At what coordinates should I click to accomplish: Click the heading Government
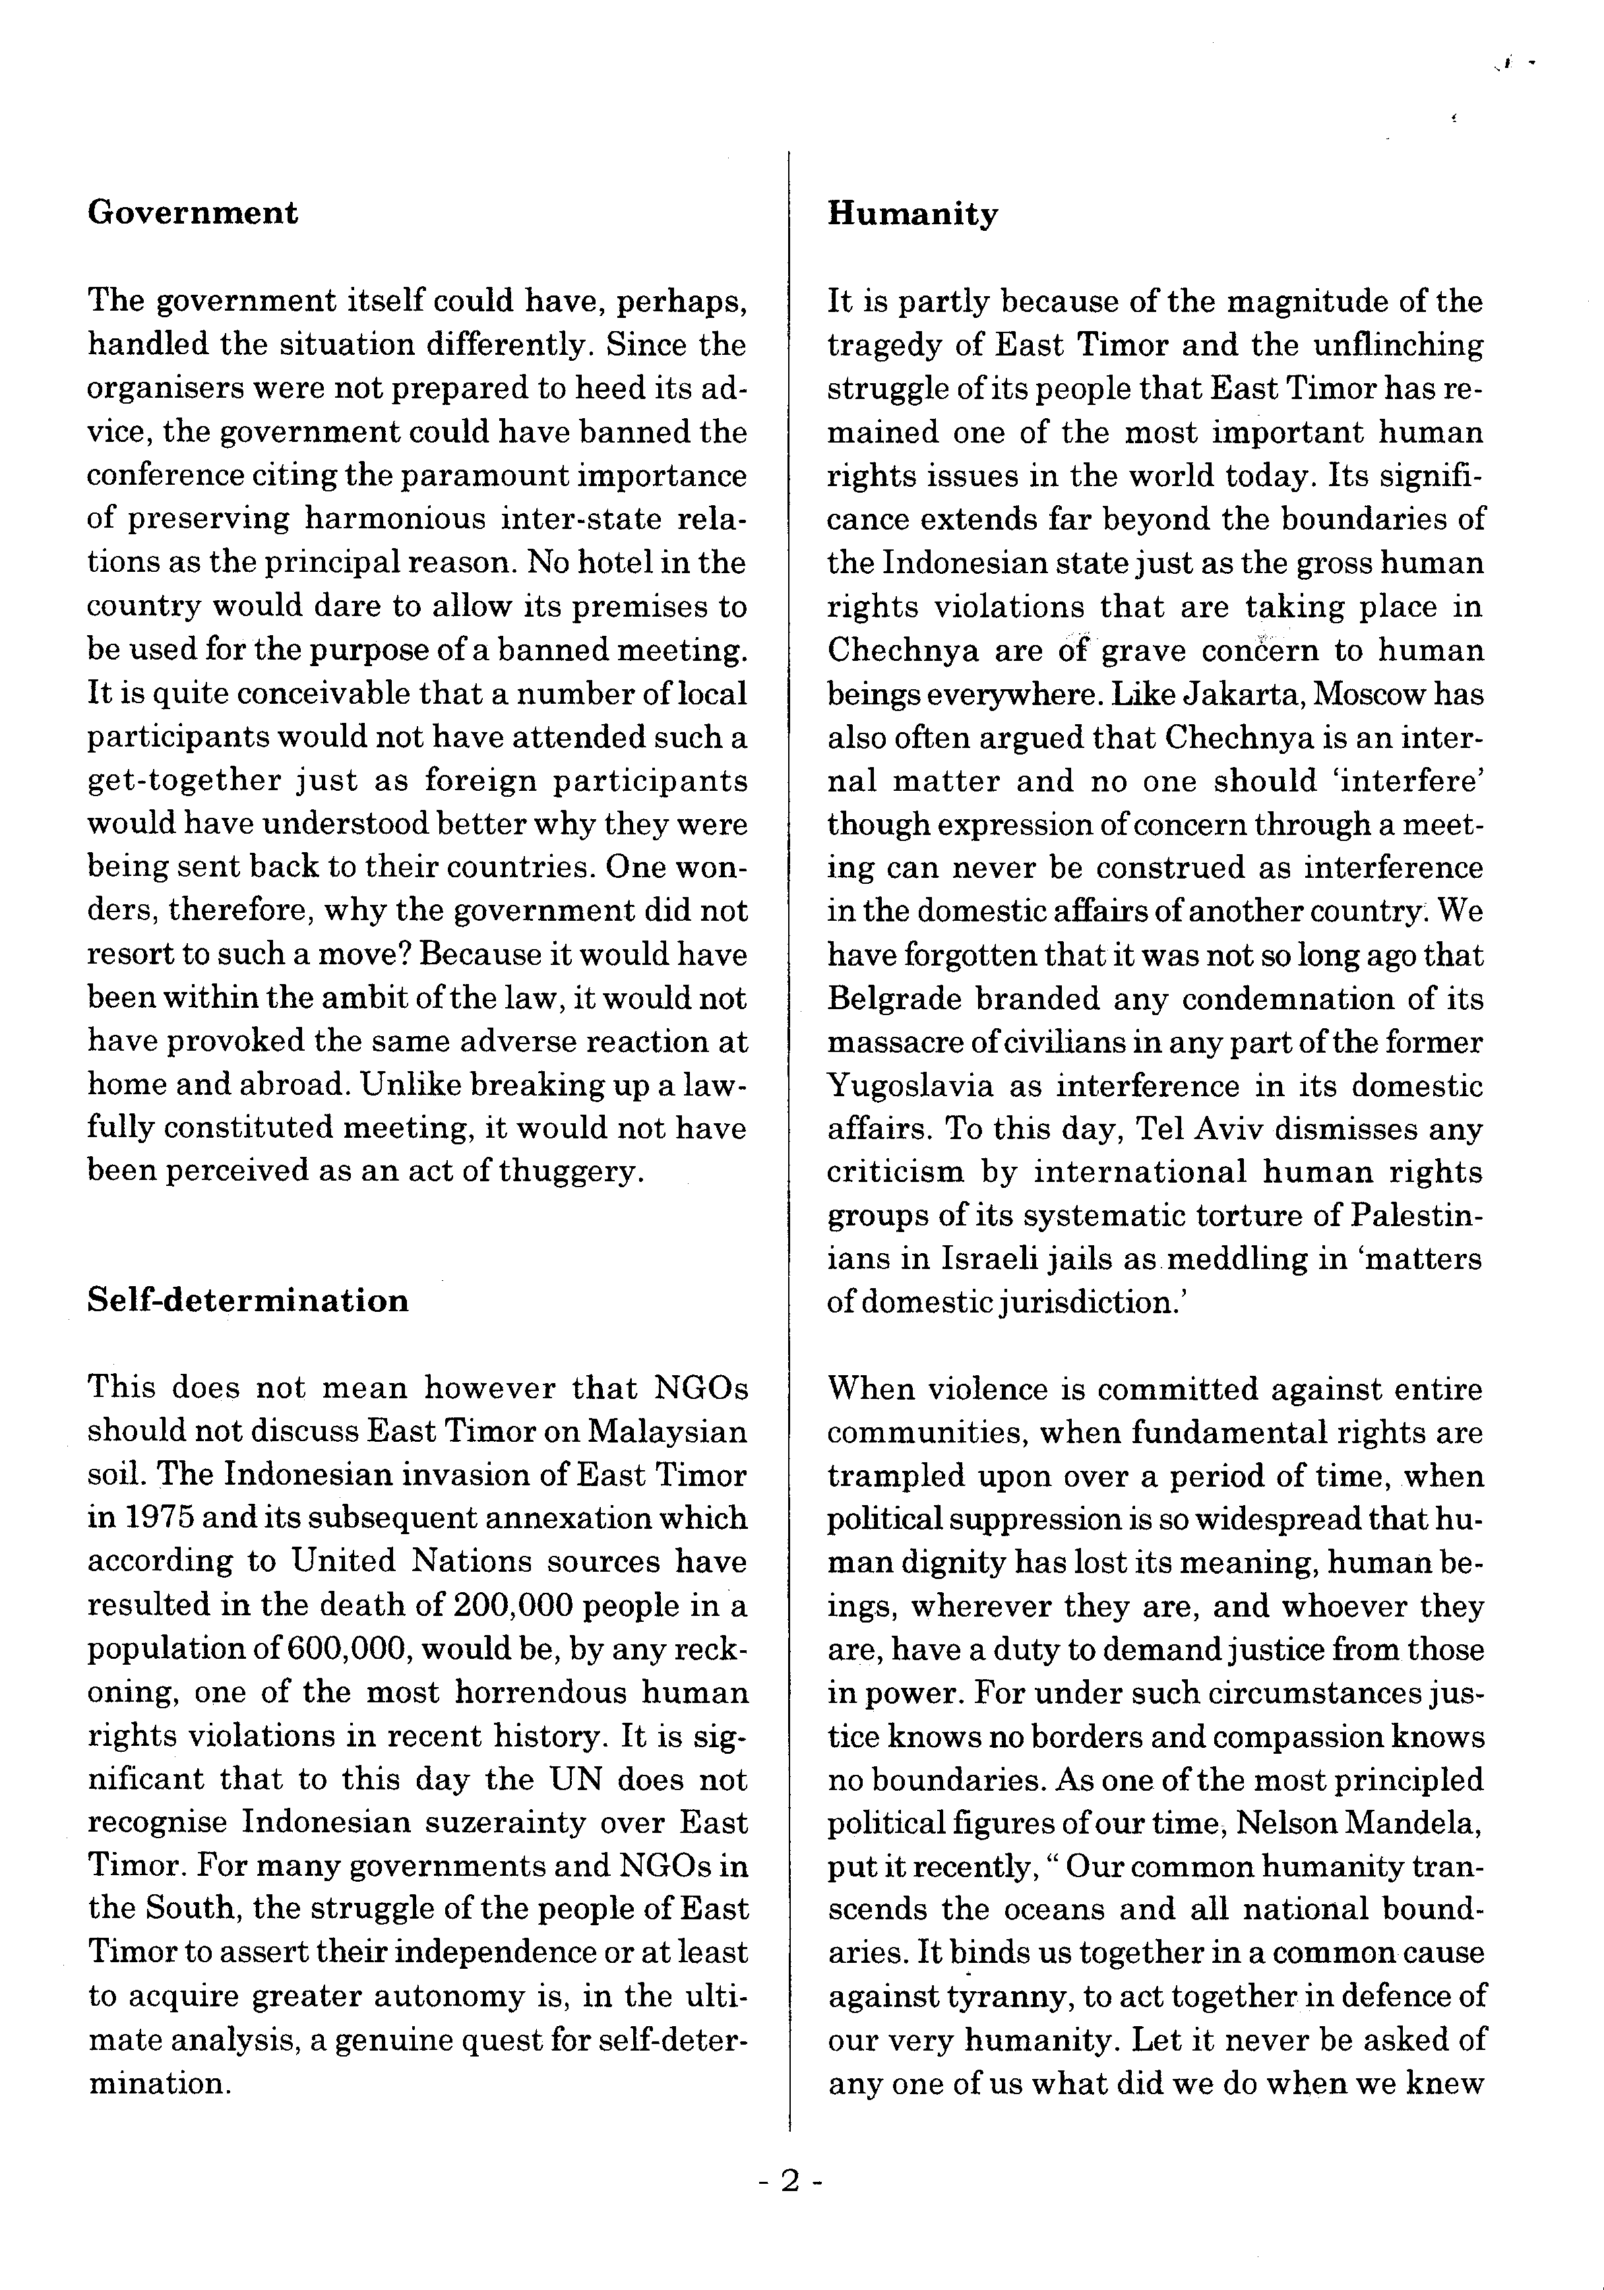193,212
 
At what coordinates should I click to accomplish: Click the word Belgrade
892,999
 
